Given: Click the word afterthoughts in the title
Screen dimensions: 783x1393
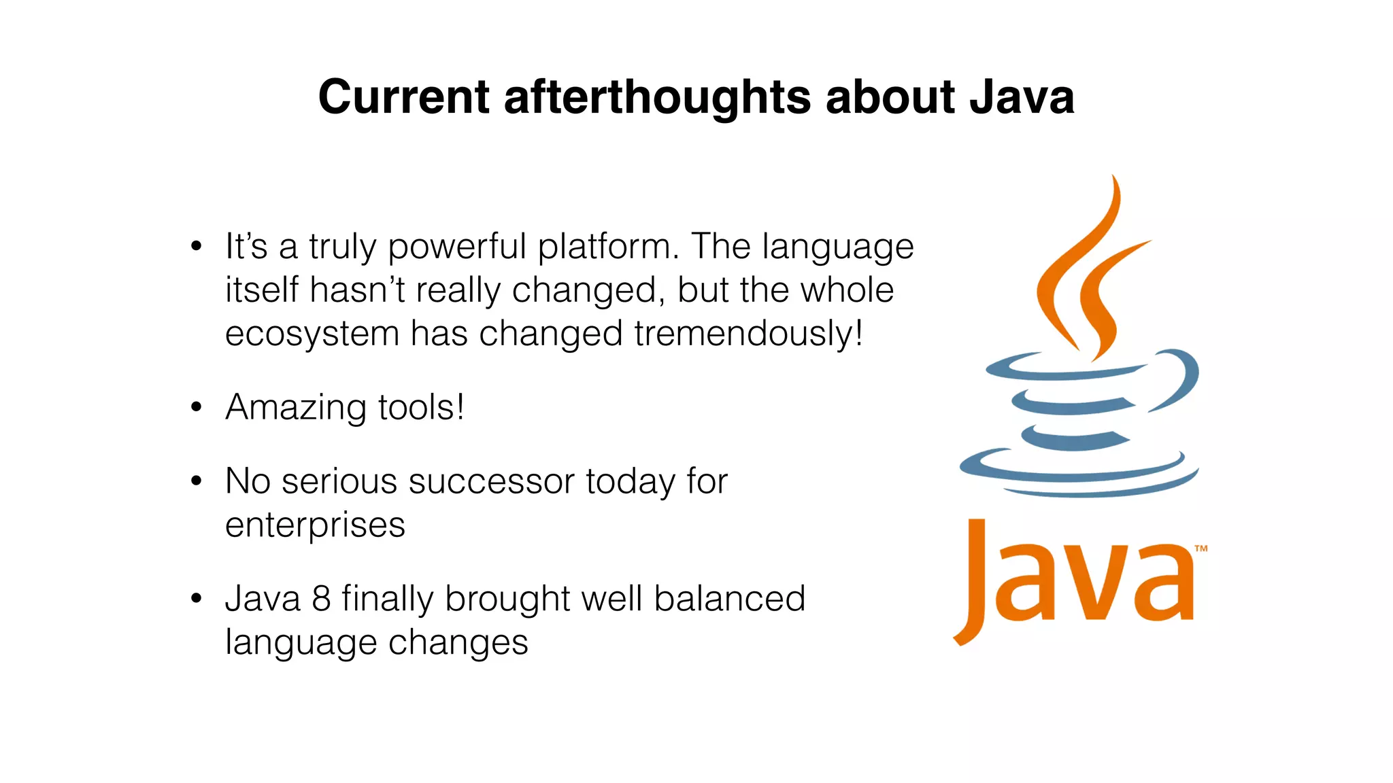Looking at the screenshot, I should click(657, 97).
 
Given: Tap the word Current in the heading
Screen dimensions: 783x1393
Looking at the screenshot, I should click(403, 97).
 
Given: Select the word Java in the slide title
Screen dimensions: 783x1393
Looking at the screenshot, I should click(1022, 97).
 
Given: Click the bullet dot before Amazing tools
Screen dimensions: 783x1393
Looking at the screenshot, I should click(197, 407).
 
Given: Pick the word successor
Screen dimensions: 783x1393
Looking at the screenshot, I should click(492, 482).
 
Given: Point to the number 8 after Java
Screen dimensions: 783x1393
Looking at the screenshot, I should click(321, 599).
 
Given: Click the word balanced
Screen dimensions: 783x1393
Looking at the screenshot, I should click(729, 599).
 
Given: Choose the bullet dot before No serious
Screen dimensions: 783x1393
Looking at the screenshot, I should click(197, 481).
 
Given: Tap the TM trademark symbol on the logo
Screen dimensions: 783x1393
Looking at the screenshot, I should click(1201, 549).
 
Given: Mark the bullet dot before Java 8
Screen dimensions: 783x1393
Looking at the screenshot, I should click(197, 599).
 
